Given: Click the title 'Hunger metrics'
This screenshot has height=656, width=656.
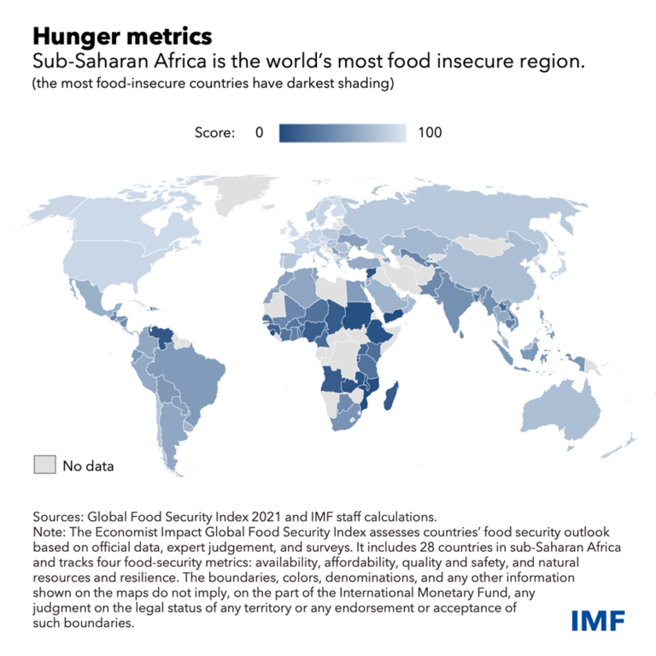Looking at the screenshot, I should (x=122, y=37).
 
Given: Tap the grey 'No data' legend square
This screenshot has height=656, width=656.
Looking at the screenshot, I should (x=44, y=465).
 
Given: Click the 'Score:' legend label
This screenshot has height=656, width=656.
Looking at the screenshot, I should (x=214, y=132).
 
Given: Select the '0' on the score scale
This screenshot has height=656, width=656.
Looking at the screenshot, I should (x=260, y=132).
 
